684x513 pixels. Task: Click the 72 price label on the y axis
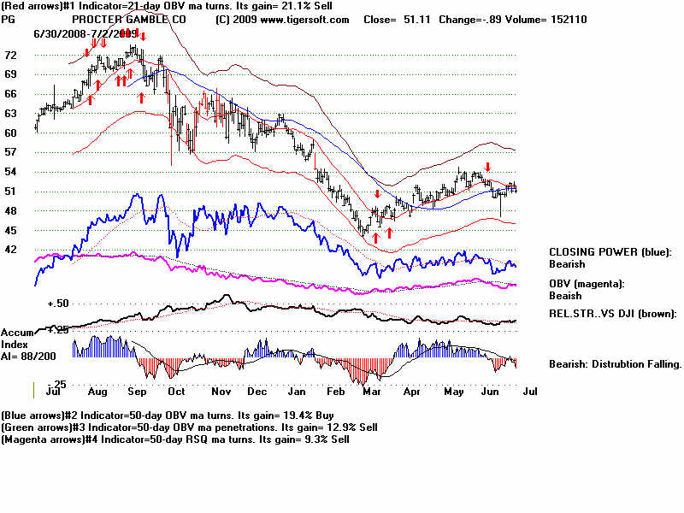click(10, 55)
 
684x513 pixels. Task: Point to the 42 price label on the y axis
click(10, 250)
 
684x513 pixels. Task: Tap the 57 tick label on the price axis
click(10, 152)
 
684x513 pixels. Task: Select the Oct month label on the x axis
click(177, 391)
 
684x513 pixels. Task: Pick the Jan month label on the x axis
click(297, 391)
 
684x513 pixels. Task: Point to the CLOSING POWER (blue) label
click(610, 252)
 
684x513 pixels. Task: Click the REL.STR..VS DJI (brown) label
click(612, 314)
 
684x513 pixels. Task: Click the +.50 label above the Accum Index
click(57, 304)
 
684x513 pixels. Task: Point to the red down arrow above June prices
click(487, 167)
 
